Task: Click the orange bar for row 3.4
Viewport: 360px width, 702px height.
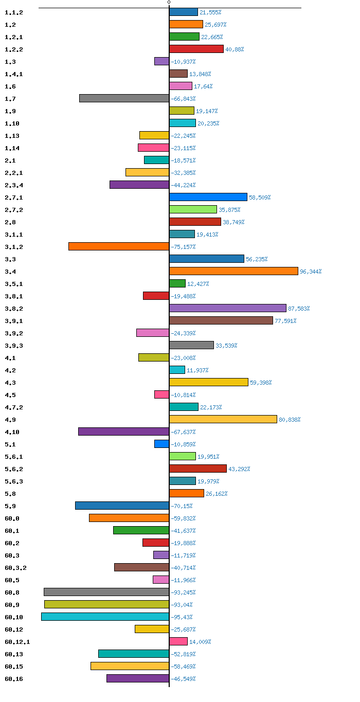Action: click(233, 271)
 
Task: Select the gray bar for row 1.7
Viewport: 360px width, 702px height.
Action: click(124, 98)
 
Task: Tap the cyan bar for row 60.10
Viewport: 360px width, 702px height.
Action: click(105, 617)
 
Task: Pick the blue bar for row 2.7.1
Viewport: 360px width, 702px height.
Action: click(208, 197)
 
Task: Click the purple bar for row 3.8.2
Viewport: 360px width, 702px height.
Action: click(228, 308)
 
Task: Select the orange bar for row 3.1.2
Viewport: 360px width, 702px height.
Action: click(119, 246)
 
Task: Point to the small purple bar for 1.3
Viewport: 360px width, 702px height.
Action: click(161, 61)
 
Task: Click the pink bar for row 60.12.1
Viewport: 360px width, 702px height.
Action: click(178, 641)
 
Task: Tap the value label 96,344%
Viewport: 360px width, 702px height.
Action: click(311, 272)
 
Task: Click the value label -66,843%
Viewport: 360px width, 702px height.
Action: click(183, 99)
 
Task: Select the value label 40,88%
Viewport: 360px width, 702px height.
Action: click(235, 49)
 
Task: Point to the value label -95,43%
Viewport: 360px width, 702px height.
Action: click(182, 617)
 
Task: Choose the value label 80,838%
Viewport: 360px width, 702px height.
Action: click(290, 419)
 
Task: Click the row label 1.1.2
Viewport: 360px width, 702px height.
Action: click(14, 12)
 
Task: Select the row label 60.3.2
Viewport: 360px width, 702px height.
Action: click(15, 568)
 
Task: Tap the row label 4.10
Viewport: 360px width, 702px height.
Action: click(12, 432)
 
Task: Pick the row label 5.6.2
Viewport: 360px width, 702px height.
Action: click(14, 469)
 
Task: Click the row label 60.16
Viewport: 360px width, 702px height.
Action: click(14, 679)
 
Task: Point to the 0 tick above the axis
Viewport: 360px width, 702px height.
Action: click(169, 2)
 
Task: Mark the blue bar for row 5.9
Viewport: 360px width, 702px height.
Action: click(122, 506)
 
